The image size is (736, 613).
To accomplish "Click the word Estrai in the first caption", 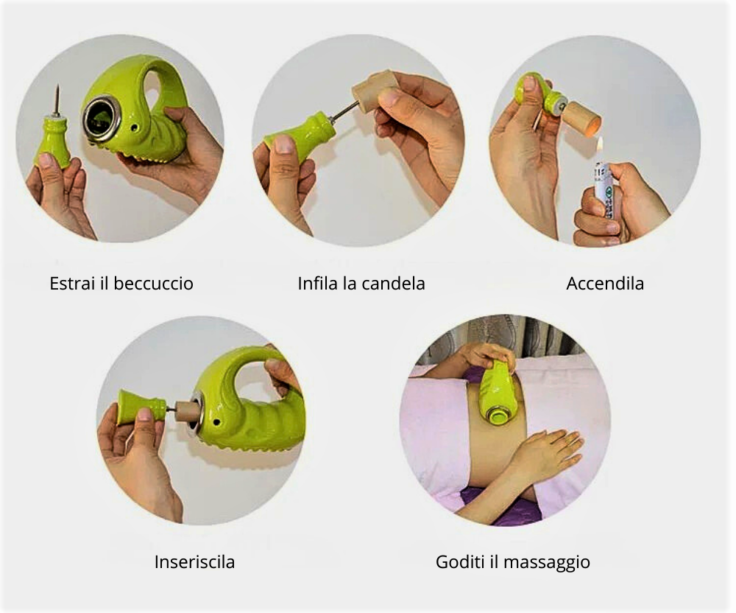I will (69, 283).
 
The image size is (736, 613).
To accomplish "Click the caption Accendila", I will (605, 283).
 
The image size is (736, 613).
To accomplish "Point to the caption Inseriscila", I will (194, 562).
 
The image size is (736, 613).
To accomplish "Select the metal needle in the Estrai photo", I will (55, 101).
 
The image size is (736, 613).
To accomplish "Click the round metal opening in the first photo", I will (97, 118).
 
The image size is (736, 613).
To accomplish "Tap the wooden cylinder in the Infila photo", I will (375, 91).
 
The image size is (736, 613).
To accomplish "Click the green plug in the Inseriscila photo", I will (141, 406).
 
